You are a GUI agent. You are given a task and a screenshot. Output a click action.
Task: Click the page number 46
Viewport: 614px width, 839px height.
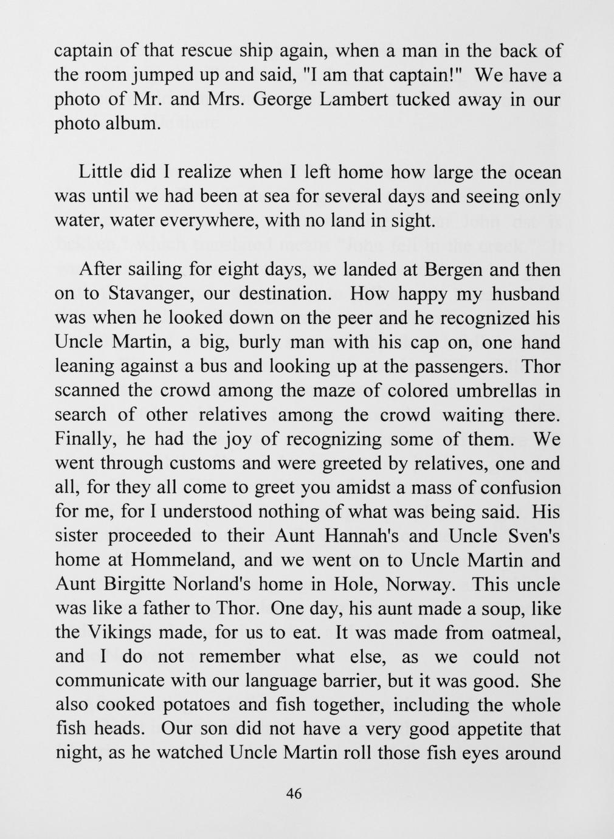click(x=294, y=794)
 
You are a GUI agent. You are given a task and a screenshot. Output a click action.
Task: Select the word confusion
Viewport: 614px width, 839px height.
click(x=519, y=488)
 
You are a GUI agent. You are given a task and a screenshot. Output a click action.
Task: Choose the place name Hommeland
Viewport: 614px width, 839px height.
click(x=182, y=560)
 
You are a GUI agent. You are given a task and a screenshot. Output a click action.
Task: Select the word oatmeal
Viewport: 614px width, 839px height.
click(x=520, y=633)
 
